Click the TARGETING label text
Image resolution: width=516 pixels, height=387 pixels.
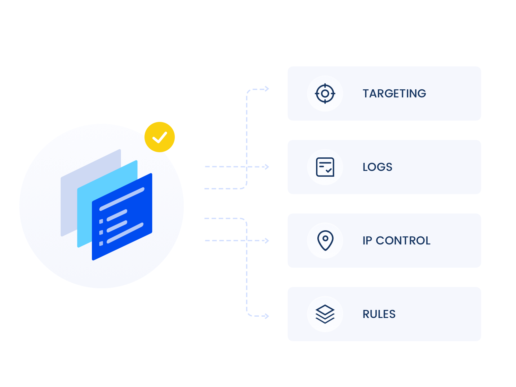394,94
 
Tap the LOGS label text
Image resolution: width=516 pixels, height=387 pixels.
377,167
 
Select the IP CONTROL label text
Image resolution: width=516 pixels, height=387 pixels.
396,241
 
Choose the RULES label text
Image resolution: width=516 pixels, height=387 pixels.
379,314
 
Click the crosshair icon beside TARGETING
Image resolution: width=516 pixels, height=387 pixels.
325,94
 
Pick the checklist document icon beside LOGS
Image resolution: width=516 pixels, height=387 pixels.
325,167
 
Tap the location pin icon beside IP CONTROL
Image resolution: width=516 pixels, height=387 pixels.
325,240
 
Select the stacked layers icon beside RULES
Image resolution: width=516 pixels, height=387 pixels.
325,314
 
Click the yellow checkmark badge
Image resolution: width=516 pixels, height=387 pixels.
160,137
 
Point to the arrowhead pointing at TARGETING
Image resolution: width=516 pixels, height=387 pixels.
267,89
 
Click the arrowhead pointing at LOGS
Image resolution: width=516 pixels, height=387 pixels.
267,167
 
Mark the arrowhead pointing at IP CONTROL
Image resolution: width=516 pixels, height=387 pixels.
267,241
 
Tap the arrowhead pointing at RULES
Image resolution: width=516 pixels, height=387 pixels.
267,316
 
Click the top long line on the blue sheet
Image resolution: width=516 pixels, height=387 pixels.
122,199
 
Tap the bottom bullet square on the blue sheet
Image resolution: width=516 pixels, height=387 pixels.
101,243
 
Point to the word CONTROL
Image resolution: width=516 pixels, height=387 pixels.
403,241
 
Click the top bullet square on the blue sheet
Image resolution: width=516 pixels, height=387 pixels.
101,221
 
